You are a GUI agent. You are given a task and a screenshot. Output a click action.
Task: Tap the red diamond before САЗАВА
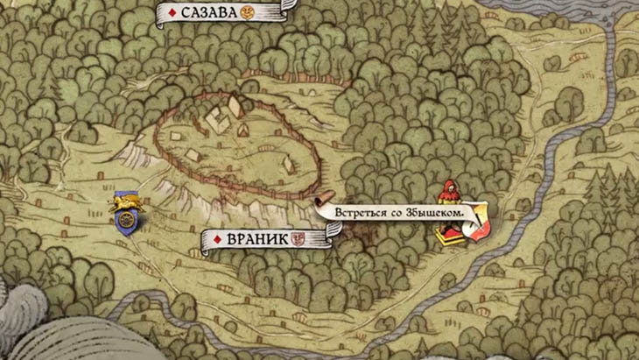172,12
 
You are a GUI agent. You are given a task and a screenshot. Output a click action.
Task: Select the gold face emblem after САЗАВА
248,12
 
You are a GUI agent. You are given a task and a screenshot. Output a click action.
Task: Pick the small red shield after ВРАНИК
298,237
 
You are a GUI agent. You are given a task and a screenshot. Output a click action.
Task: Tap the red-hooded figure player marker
449,210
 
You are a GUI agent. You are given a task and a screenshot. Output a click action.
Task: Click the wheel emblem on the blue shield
126,222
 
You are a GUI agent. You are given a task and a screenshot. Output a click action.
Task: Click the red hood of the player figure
448,187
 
